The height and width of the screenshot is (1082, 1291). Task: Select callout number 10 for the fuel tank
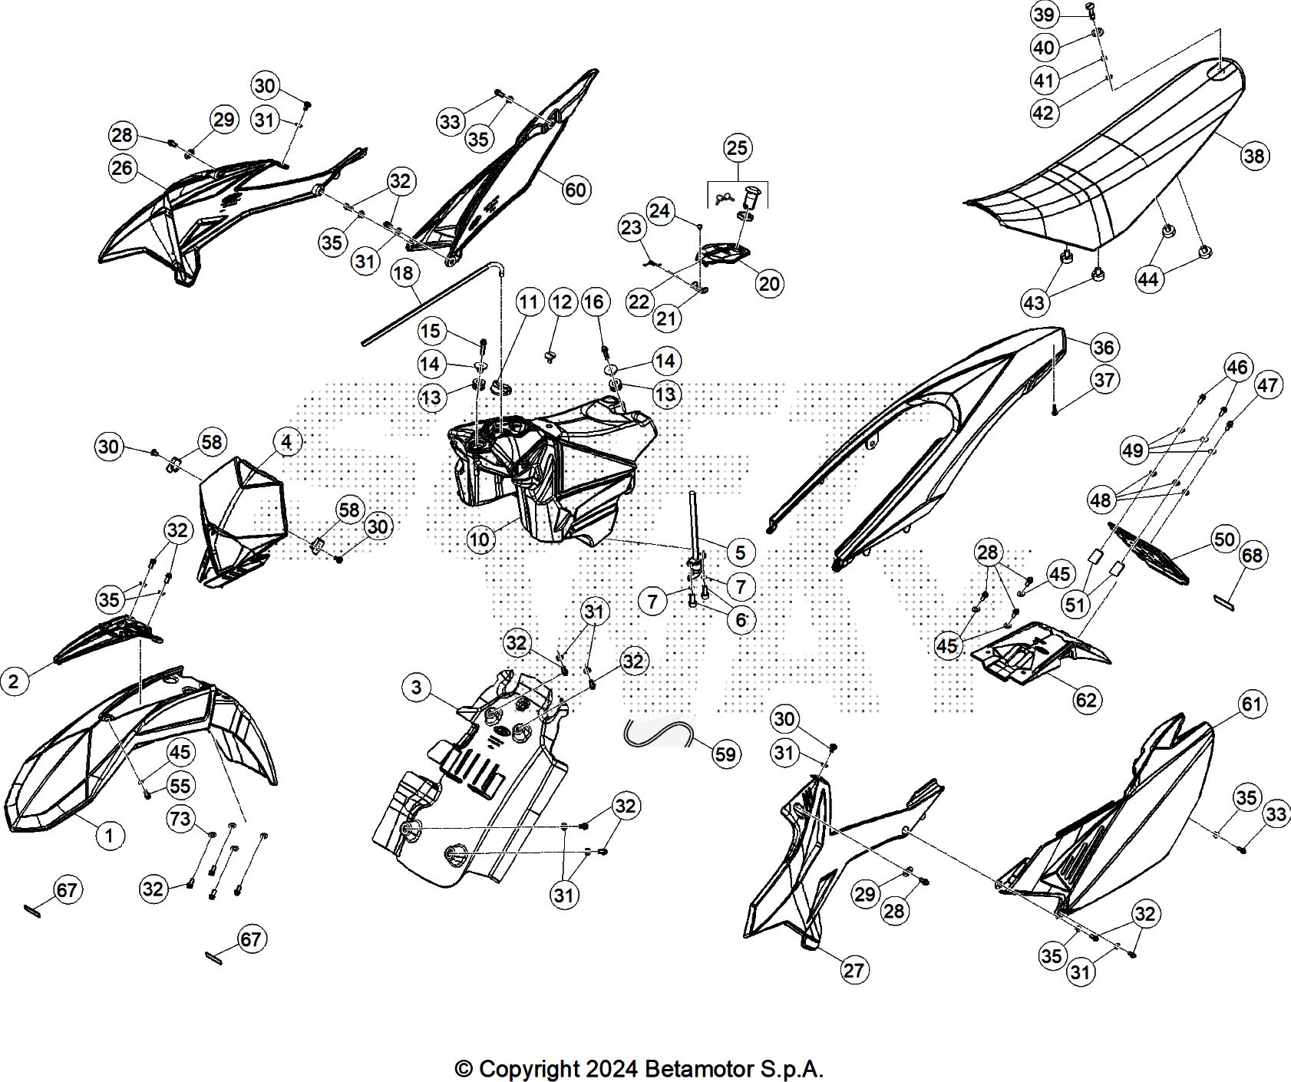(x=479, y=539)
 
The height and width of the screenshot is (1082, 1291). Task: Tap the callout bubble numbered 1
(x=110, y=835)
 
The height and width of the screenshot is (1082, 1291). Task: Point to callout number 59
(x=725, y=754)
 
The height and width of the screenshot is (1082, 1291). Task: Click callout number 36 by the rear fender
(x=1103, y=348)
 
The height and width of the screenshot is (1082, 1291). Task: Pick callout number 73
(x=180, y=819)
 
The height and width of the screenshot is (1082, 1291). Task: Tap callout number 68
(x=1251, y=555)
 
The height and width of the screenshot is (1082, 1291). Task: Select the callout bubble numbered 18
(x=404, y=274)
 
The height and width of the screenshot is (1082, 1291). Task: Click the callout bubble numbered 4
(x=286, y=442)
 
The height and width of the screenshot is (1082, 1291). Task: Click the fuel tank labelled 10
(x=553, y=468)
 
